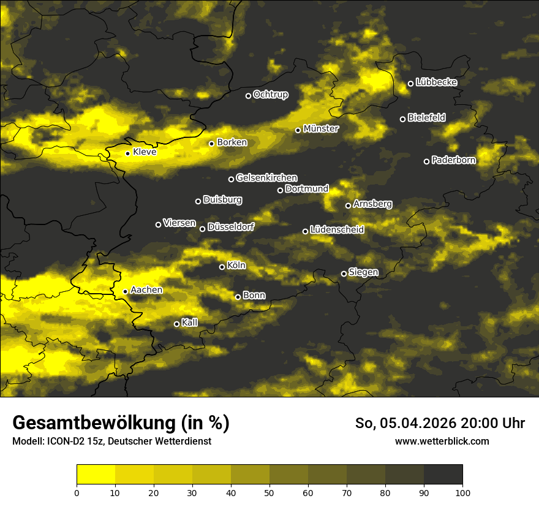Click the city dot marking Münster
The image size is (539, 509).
[x=298, y=130]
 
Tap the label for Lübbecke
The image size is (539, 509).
[x=436, y=82]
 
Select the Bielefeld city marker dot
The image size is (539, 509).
[x=402, y=119]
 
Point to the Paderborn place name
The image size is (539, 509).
[x=453, y=160]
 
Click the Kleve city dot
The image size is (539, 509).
[x=127, y=153]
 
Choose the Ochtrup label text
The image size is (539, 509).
[x=270, y=94]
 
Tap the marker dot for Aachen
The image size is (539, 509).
[x=125, y=291]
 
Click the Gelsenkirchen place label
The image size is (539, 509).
[x=266, y=178]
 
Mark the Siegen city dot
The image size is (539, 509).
[x=344, y=274]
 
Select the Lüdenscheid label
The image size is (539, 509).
[x=337, y=230]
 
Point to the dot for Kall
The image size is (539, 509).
[x=176, y=324]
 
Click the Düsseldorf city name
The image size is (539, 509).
[x=231, y=227]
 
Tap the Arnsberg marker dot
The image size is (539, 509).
[x=348, y=205]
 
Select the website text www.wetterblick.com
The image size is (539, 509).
[x=442, y=441]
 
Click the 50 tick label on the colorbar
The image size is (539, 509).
[x=269, y=492]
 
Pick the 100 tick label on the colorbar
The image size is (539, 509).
[x=462, y=492]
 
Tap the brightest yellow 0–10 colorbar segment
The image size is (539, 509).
[x=96, y=474]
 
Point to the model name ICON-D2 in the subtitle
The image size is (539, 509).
[x=64, y=441]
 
